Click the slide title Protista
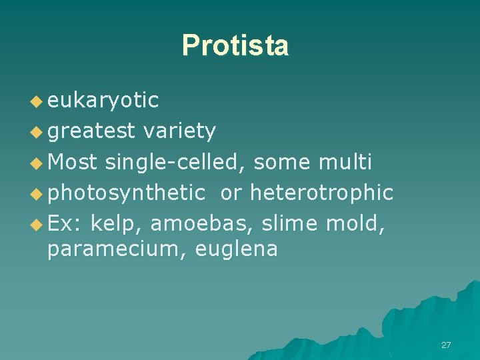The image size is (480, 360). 235,45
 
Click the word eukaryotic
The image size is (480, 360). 103,100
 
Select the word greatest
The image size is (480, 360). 92,131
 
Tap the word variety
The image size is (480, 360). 179,131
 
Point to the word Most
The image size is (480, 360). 73,162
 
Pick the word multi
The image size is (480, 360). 345,162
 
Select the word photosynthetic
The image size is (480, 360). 126,193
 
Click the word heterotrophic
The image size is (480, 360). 321,193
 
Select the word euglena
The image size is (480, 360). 237,249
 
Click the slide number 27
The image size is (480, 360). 446,345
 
